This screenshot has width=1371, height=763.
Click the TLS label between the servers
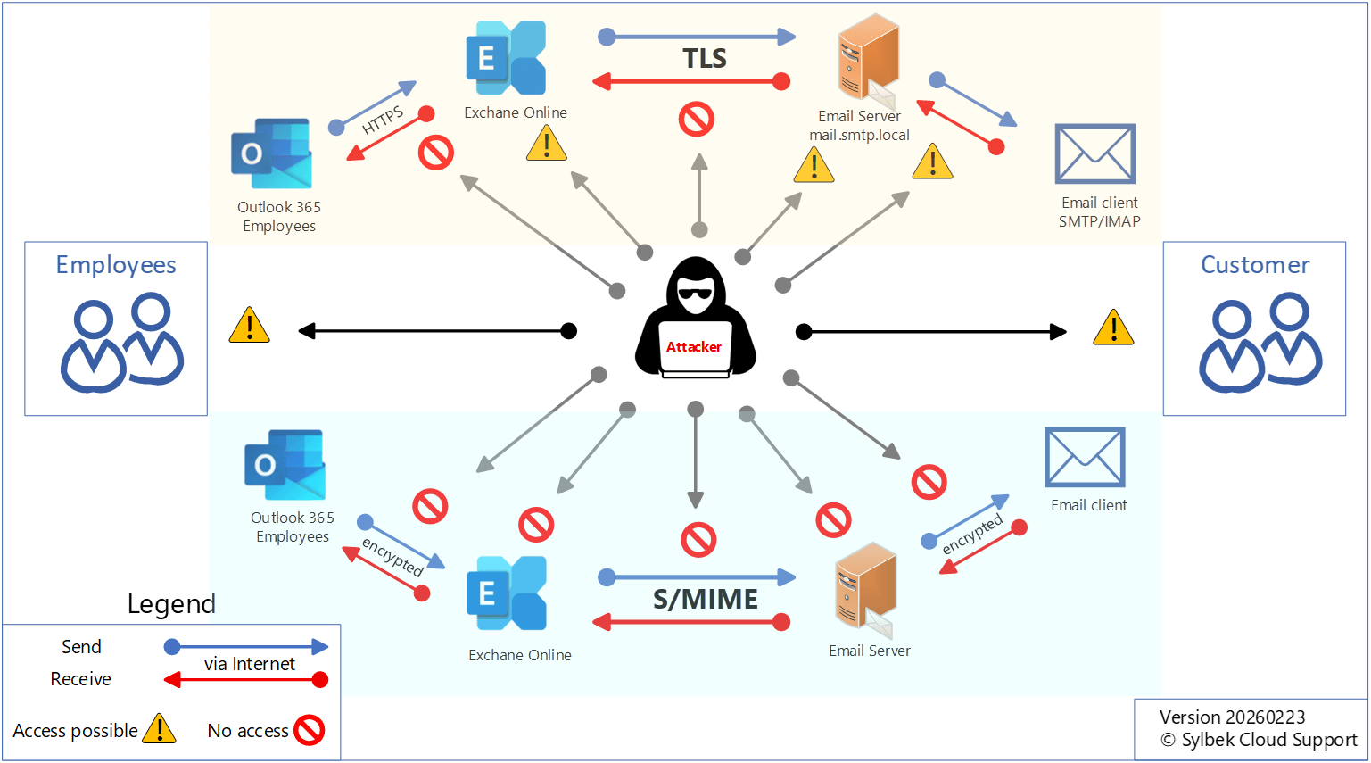point(705,59)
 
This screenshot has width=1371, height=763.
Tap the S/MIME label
point(706,599)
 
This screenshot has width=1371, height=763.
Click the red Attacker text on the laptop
point(694,347)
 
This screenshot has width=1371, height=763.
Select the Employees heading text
point(116,265)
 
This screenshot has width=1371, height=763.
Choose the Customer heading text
point(1255,265)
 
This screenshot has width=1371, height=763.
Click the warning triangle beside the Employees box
point(250,327)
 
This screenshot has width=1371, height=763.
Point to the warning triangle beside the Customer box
point(1113,328)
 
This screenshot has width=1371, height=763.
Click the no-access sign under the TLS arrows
point(697,119)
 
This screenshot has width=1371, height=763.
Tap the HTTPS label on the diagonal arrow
point(383,120)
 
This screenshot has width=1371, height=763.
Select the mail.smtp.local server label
point(859,136)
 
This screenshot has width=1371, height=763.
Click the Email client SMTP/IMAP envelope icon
point(1094,153)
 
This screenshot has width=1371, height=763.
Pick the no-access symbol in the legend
point(309,730)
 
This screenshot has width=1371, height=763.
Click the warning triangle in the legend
point(160,729)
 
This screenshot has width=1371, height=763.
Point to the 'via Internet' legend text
point(250,664)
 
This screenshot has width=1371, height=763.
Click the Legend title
point(171,604)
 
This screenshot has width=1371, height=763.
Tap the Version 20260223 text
point(1232,717)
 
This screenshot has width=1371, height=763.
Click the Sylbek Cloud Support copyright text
point(1259,740)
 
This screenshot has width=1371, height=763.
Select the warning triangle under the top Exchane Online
point(547,145)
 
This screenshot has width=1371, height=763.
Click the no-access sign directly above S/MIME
point(698,540)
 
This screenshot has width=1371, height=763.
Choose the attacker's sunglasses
point(695,294)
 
